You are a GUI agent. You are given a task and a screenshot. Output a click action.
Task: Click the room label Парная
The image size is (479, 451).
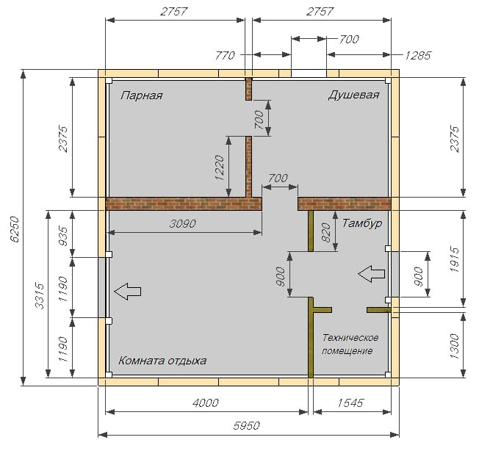pos(142,95)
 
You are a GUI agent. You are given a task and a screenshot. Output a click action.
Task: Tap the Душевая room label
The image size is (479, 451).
pos(353,95)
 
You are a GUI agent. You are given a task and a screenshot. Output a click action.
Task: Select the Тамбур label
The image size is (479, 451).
pos(361,223)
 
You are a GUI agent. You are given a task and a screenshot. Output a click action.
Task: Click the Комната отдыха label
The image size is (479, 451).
pos(162,361)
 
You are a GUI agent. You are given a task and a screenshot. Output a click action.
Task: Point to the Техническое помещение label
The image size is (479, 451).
pos(350,344)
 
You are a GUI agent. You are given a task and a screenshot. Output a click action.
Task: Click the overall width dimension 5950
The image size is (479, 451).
pos(248,425)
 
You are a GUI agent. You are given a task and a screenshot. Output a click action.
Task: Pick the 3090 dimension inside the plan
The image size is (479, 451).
pos(181,224)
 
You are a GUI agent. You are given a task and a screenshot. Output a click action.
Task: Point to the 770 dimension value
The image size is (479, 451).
pos(226,55)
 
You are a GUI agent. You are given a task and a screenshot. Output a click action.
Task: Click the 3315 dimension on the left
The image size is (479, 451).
pos(40,296)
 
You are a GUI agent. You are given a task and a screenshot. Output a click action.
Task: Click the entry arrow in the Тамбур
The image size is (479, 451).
pos(371,274)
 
